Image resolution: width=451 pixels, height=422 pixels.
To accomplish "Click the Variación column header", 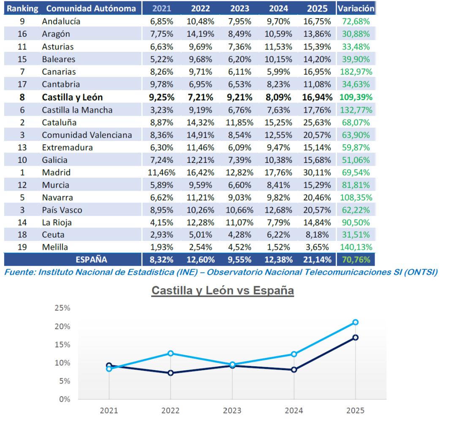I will (x=356, y=8).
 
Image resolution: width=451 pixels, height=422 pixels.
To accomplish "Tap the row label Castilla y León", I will (x=72, y=97).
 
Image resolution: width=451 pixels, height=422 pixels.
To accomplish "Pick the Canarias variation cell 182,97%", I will (x=356, y=72).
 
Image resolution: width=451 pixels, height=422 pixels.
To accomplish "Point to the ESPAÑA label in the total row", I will (x=91, y=260).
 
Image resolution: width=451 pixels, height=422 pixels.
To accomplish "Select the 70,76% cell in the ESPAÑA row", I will (x=356, y=260).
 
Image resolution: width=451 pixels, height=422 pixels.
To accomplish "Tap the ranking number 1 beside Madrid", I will (x=22, y=173).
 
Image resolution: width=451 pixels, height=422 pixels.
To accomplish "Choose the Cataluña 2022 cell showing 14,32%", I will (x=201, y=122).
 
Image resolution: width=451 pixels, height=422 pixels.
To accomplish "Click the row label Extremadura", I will (x=67, y=148).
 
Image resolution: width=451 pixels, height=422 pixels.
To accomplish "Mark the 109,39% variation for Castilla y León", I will (x=356, y=97).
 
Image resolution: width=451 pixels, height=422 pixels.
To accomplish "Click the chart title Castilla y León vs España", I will (x=223, y=291).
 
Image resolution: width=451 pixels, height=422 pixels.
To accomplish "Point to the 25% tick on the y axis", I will (x=62, y=308).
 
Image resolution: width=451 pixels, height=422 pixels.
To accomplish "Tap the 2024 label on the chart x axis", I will (x=293, y=410).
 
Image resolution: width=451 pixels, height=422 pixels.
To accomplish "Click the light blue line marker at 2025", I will (x=356, y=322).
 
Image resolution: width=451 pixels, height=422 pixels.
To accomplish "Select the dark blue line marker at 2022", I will (x=171, y=373).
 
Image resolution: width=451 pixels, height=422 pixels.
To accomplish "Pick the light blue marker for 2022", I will (x=171, y=353).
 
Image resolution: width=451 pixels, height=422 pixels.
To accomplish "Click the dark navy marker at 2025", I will (x=356, y=338).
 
